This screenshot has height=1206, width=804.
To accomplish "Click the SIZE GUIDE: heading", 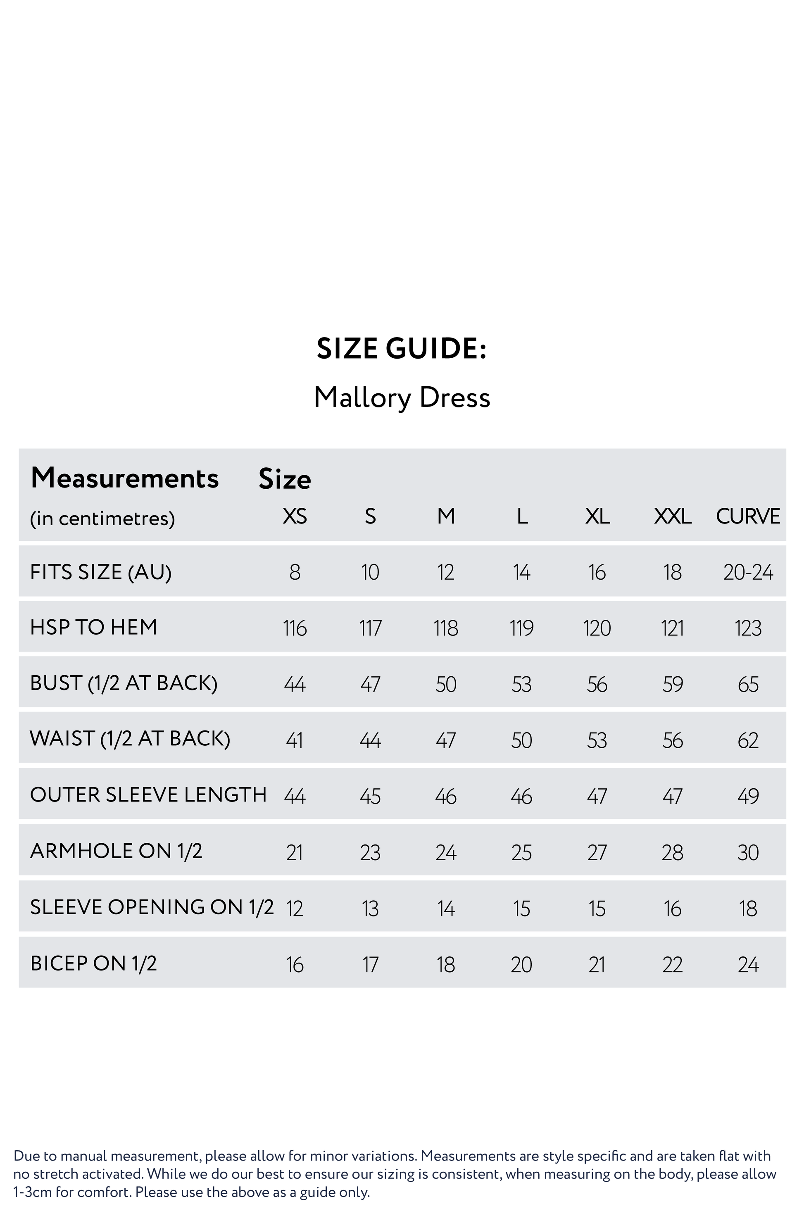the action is (402, 349).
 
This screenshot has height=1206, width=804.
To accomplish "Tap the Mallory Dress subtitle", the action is (402, 398).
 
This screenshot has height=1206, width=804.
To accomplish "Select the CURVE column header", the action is (748, 516).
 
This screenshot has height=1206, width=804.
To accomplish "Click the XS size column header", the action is (295, 516).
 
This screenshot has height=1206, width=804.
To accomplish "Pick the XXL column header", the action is (673, 516).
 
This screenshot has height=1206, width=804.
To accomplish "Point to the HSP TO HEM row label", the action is (93, 627).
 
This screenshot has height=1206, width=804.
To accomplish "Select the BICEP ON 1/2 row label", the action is (93, 963).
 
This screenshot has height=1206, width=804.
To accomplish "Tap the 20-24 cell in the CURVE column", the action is (748, 572).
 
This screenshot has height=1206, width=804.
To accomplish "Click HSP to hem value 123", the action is (748, 628).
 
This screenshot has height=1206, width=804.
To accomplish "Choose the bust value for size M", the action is (445, 685).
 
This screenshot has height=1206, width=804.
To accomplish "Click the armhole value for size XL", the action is (597, 853).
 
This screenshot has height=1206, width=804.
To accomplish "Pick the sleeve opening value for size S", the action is (370, 909).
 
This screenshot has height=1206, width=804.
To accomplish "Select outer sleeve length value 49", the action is (748, 796).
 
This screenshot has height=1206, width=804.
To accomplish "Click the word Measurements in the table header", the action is (125, 478).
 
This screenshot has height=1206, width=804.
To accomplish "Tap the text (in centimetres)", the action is (102, 519).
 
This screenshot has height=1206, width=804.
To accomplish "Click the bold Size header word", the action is (285, 479).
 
